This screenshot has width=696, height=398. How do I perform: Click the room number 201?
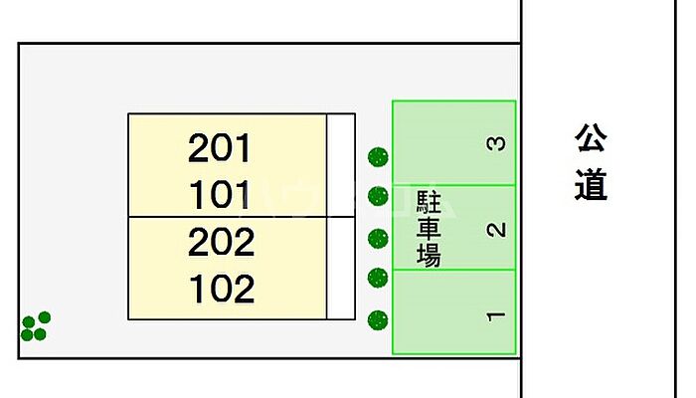click(221, 149)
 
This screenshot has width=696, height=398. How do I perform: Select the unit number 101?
click(221, 195)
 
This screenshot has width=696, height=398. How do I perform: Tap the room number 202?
click(221, 242)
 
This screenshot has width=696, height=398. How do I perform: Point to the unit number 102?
click(221, 289)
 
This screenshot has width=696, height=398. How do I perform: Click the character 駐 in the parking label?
click(429, 205)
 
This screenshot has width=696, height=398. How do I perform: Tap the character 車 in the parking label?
click(429, 231)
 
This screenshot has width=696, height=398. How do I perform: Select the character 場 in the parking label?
click(429, 256)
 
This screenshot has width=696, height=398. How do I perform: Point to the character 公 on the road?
click(591, 139)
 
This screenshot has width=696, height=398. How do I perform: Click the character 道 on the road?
click(591, 185)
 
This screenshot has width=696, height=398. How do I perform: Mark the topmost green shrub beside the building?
click(378, 157)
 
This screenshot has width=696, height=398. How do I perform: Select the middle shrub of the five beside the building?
click(378, 239)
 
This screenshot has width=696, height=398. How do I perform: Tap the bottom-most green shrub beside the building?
click(378, 319)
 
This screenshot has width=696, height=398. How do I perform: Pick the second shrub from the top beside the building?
click(378, 197)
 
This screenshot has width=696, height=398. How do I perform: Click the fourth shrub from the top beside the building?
click(377, 278)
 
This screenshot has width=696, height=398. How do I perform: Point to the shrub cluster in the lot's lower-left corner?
click(36, 326)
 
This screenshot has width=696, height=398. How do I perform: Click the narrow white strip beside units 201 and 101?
click(341, 165)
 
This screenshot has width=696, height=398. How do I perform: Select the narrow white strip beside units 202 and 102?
click(341, 268)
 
